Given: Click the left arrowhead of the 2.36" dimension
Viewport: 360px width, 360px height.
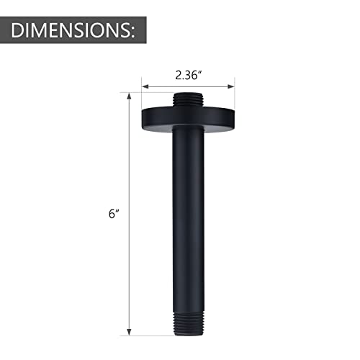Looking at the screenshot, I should [x=144, y=86].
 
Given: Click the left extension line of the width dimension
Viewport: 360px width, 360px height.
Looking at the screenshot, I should [x=142, y=94].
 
